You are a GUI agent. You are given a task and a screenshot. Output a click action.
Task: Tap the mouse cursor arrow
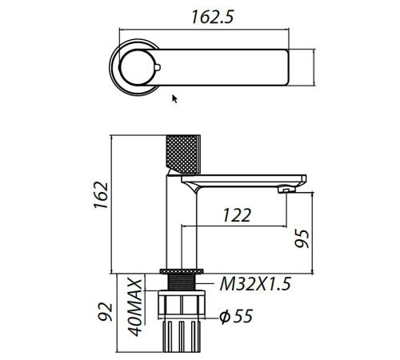pos(175,98)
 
